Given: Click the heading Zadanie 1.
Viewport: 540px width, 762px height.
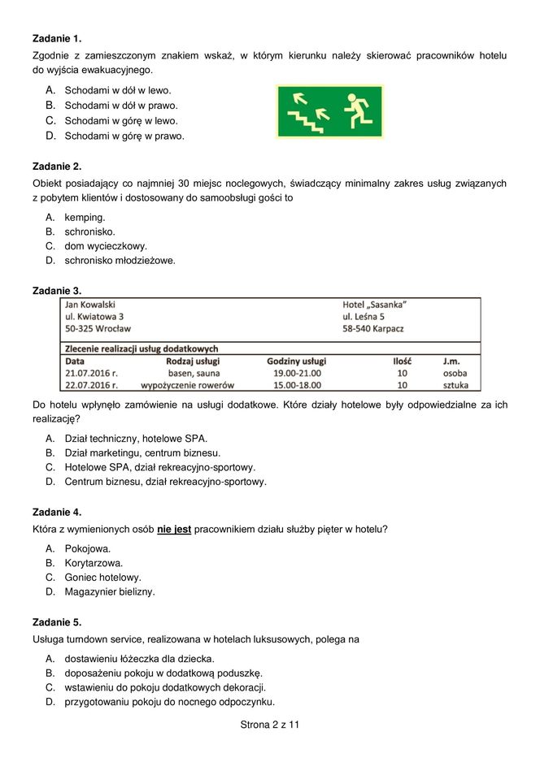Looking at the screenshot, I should point(57,38).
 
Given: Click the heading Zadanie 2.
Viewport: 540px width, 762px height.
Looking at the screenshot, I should point(57,166).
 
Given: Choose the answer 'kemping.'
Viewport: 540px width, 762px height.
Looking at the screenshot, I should point(85,217).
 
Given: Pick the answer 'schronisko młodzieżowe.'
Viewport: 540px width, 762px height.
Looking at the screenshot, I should point(120,261).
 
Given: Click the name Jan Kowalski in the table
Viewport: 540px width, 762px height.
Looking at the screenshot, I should point(90,304).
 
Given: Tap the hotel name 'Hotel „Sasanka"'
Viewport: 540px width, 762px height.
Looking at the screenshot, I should point(374,304).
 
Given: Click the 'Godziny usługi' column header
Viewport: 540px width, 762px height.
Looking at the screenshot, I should point(296,361).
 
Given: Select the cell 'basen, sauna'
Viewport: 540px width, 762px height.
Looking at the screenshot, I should point(188,373).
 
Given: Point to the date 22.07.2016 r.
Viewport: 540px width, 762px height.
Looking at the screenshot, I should point(91,385).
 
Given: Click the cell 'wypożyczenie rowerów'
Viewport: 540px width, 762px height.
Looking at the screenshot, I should point(188,385).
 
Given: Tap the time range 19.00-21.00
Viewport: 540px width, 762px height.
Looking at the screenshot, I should point(297,373).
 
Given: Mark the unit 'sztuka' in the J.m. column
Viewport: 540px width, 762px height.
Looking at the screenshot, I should point(450,385).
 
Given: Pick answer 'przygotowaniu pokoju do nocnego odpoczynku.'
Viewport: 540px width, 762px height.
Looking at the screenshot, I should point(169,702).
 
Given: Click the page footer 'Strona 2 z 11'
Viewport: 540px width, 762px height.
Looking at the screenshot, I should point(270,724).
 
